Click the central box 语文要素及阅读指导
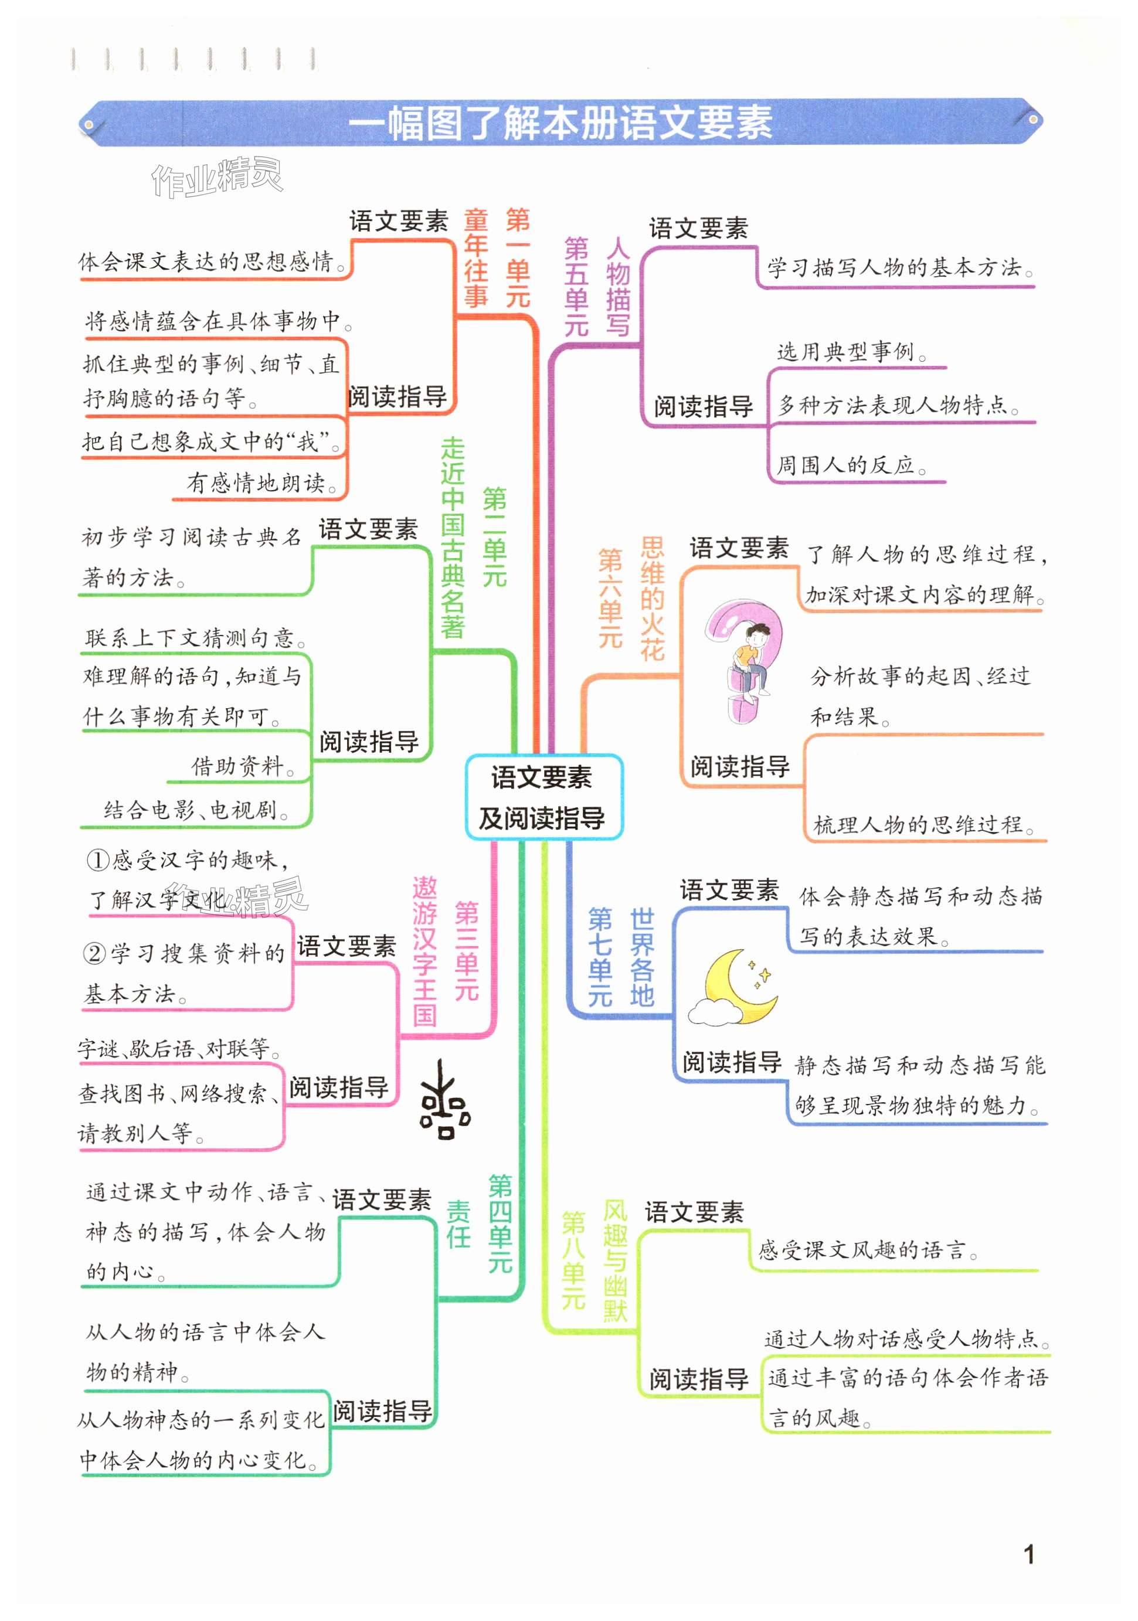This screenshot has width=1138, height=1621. tap(543, 797)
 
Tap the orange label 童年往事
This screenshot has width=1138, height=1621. tap(476, 259)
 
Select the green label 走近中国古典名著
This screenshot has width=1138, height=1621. tap(453, 538)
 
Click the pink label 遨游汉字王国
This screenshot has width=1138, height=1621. tap(425, 951)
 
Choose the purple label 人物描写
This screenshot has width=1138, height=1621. tap(618, 287)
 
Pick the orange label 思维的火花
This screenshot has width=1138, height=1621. tap(653, 599)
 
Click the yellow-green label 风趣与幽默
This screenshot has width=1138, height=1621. tap(615, 1260)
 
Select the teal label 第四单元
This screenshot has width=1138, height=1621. tap(501, 1224)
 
